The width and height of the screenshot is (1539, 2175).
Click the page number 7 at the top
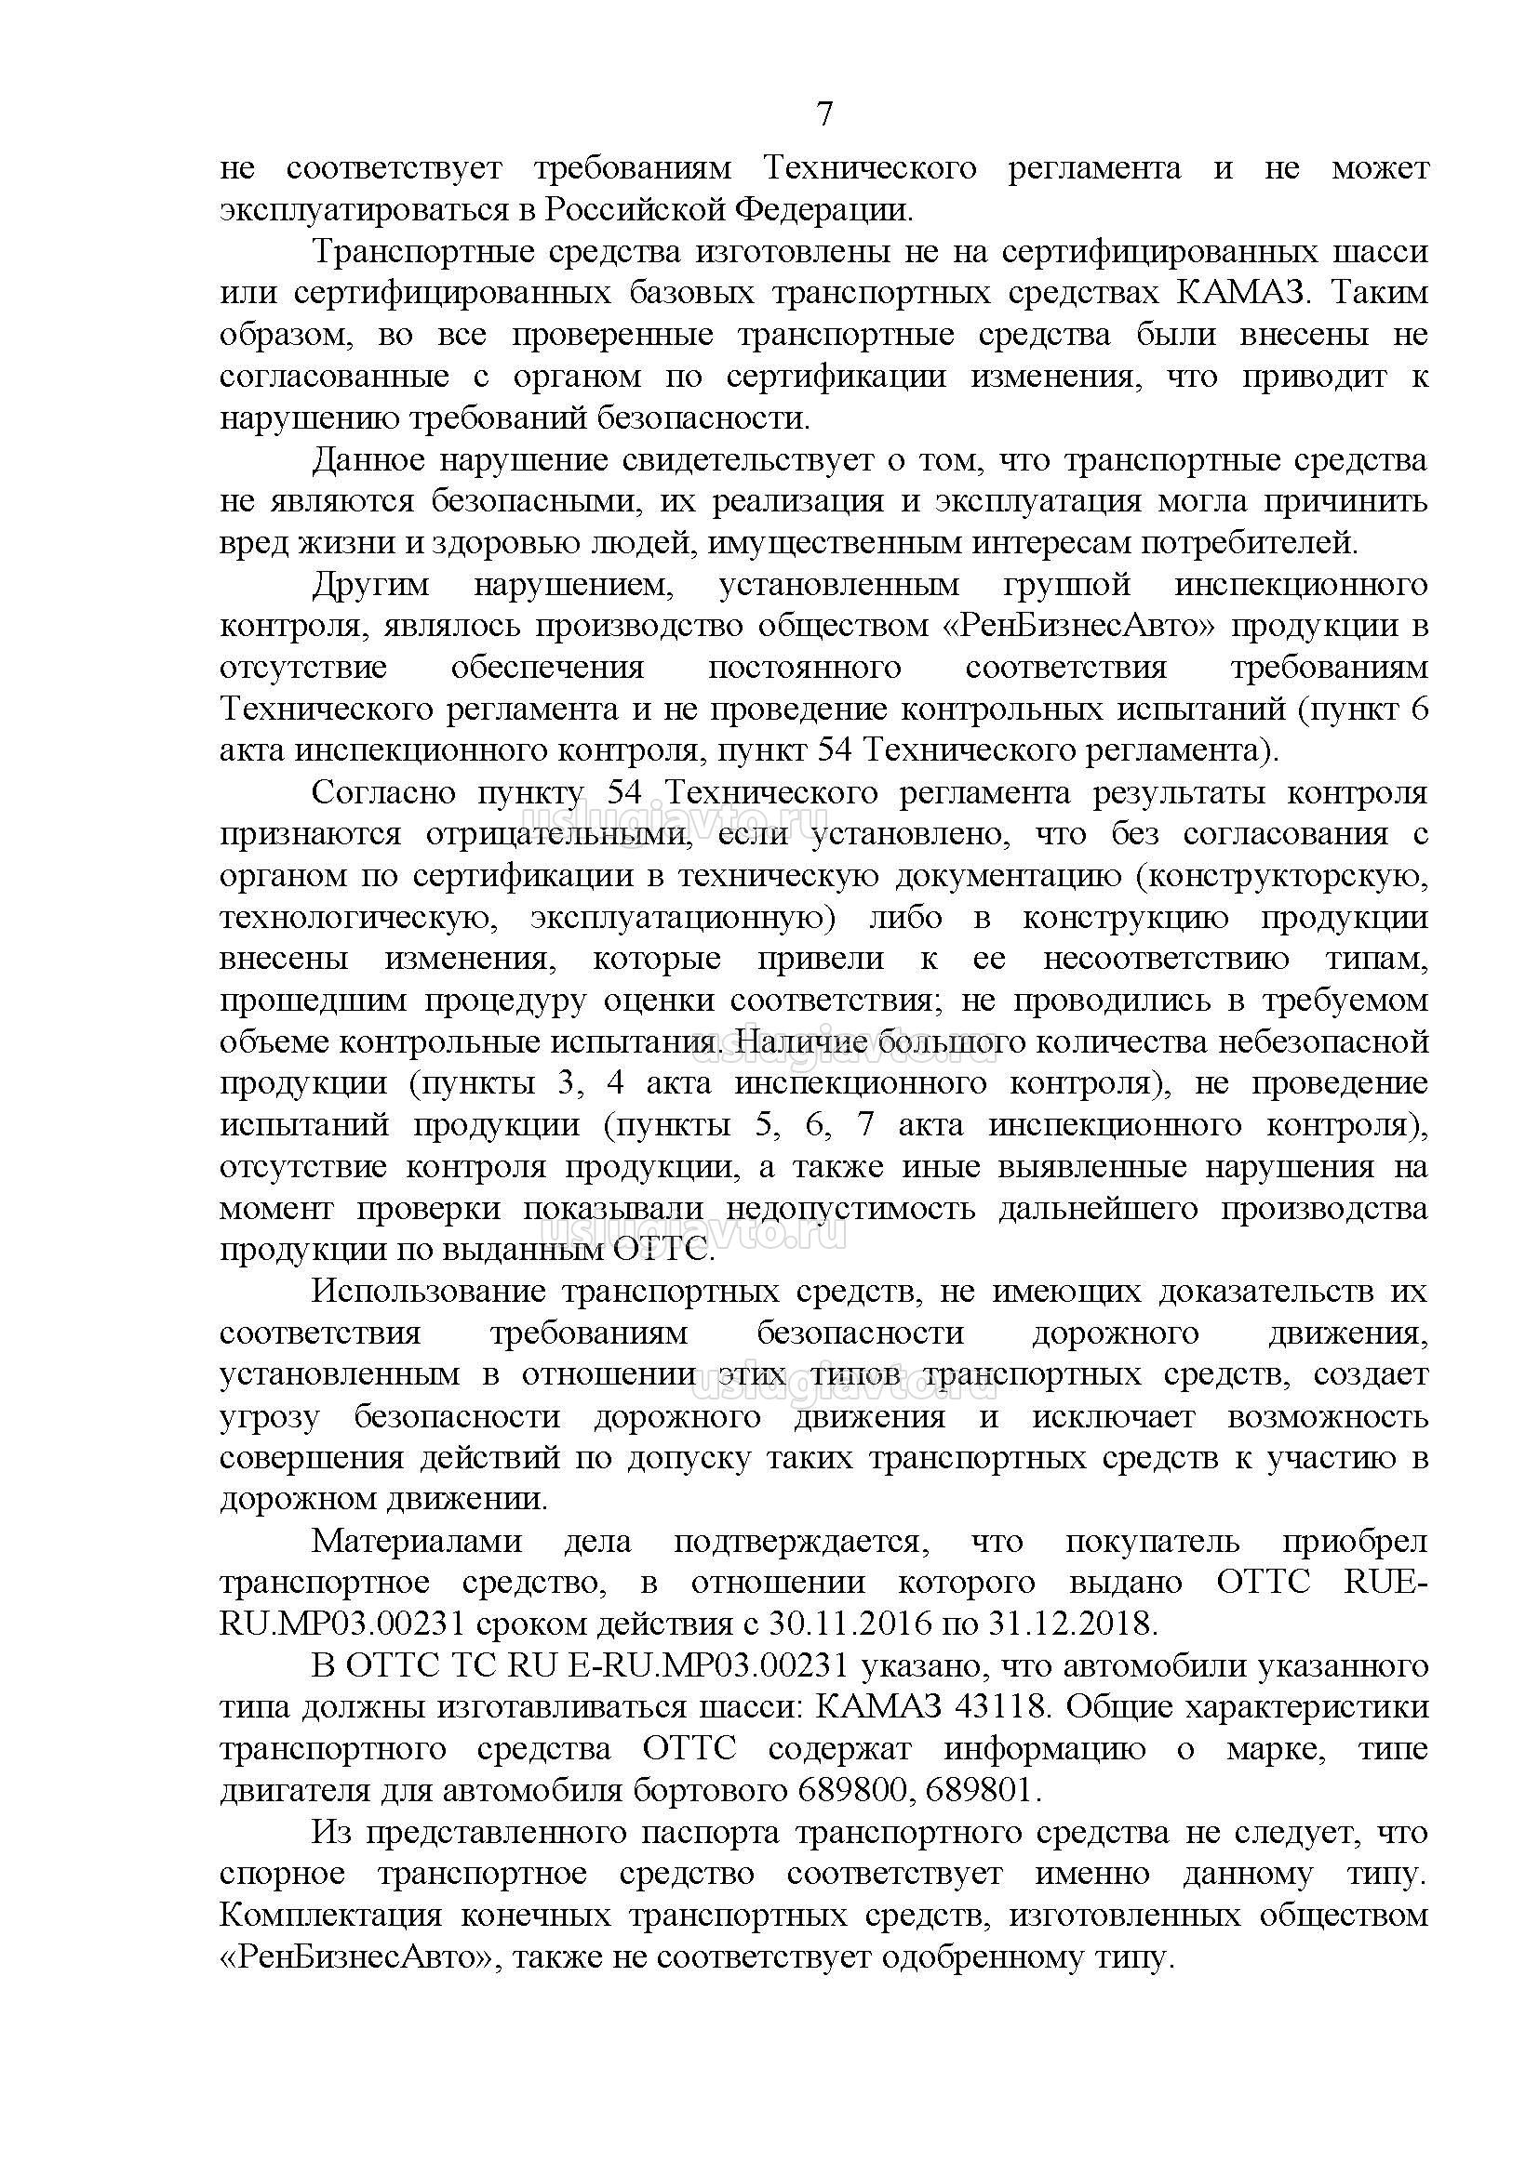pyautogui.click(x=824, y=114)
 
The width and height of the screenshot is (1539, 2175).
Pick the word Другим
pyautogui.click(x=370, y=585)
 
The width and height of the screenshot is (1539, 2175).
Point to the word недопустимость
pyautogui.click(x=850, y=1209)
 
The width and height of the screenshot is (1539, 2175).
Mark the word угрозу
pyautogui.click(x=269, y=1417)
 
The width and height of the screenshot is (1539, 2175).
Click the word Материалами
pyautogui.click(x=417, y=1541)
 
